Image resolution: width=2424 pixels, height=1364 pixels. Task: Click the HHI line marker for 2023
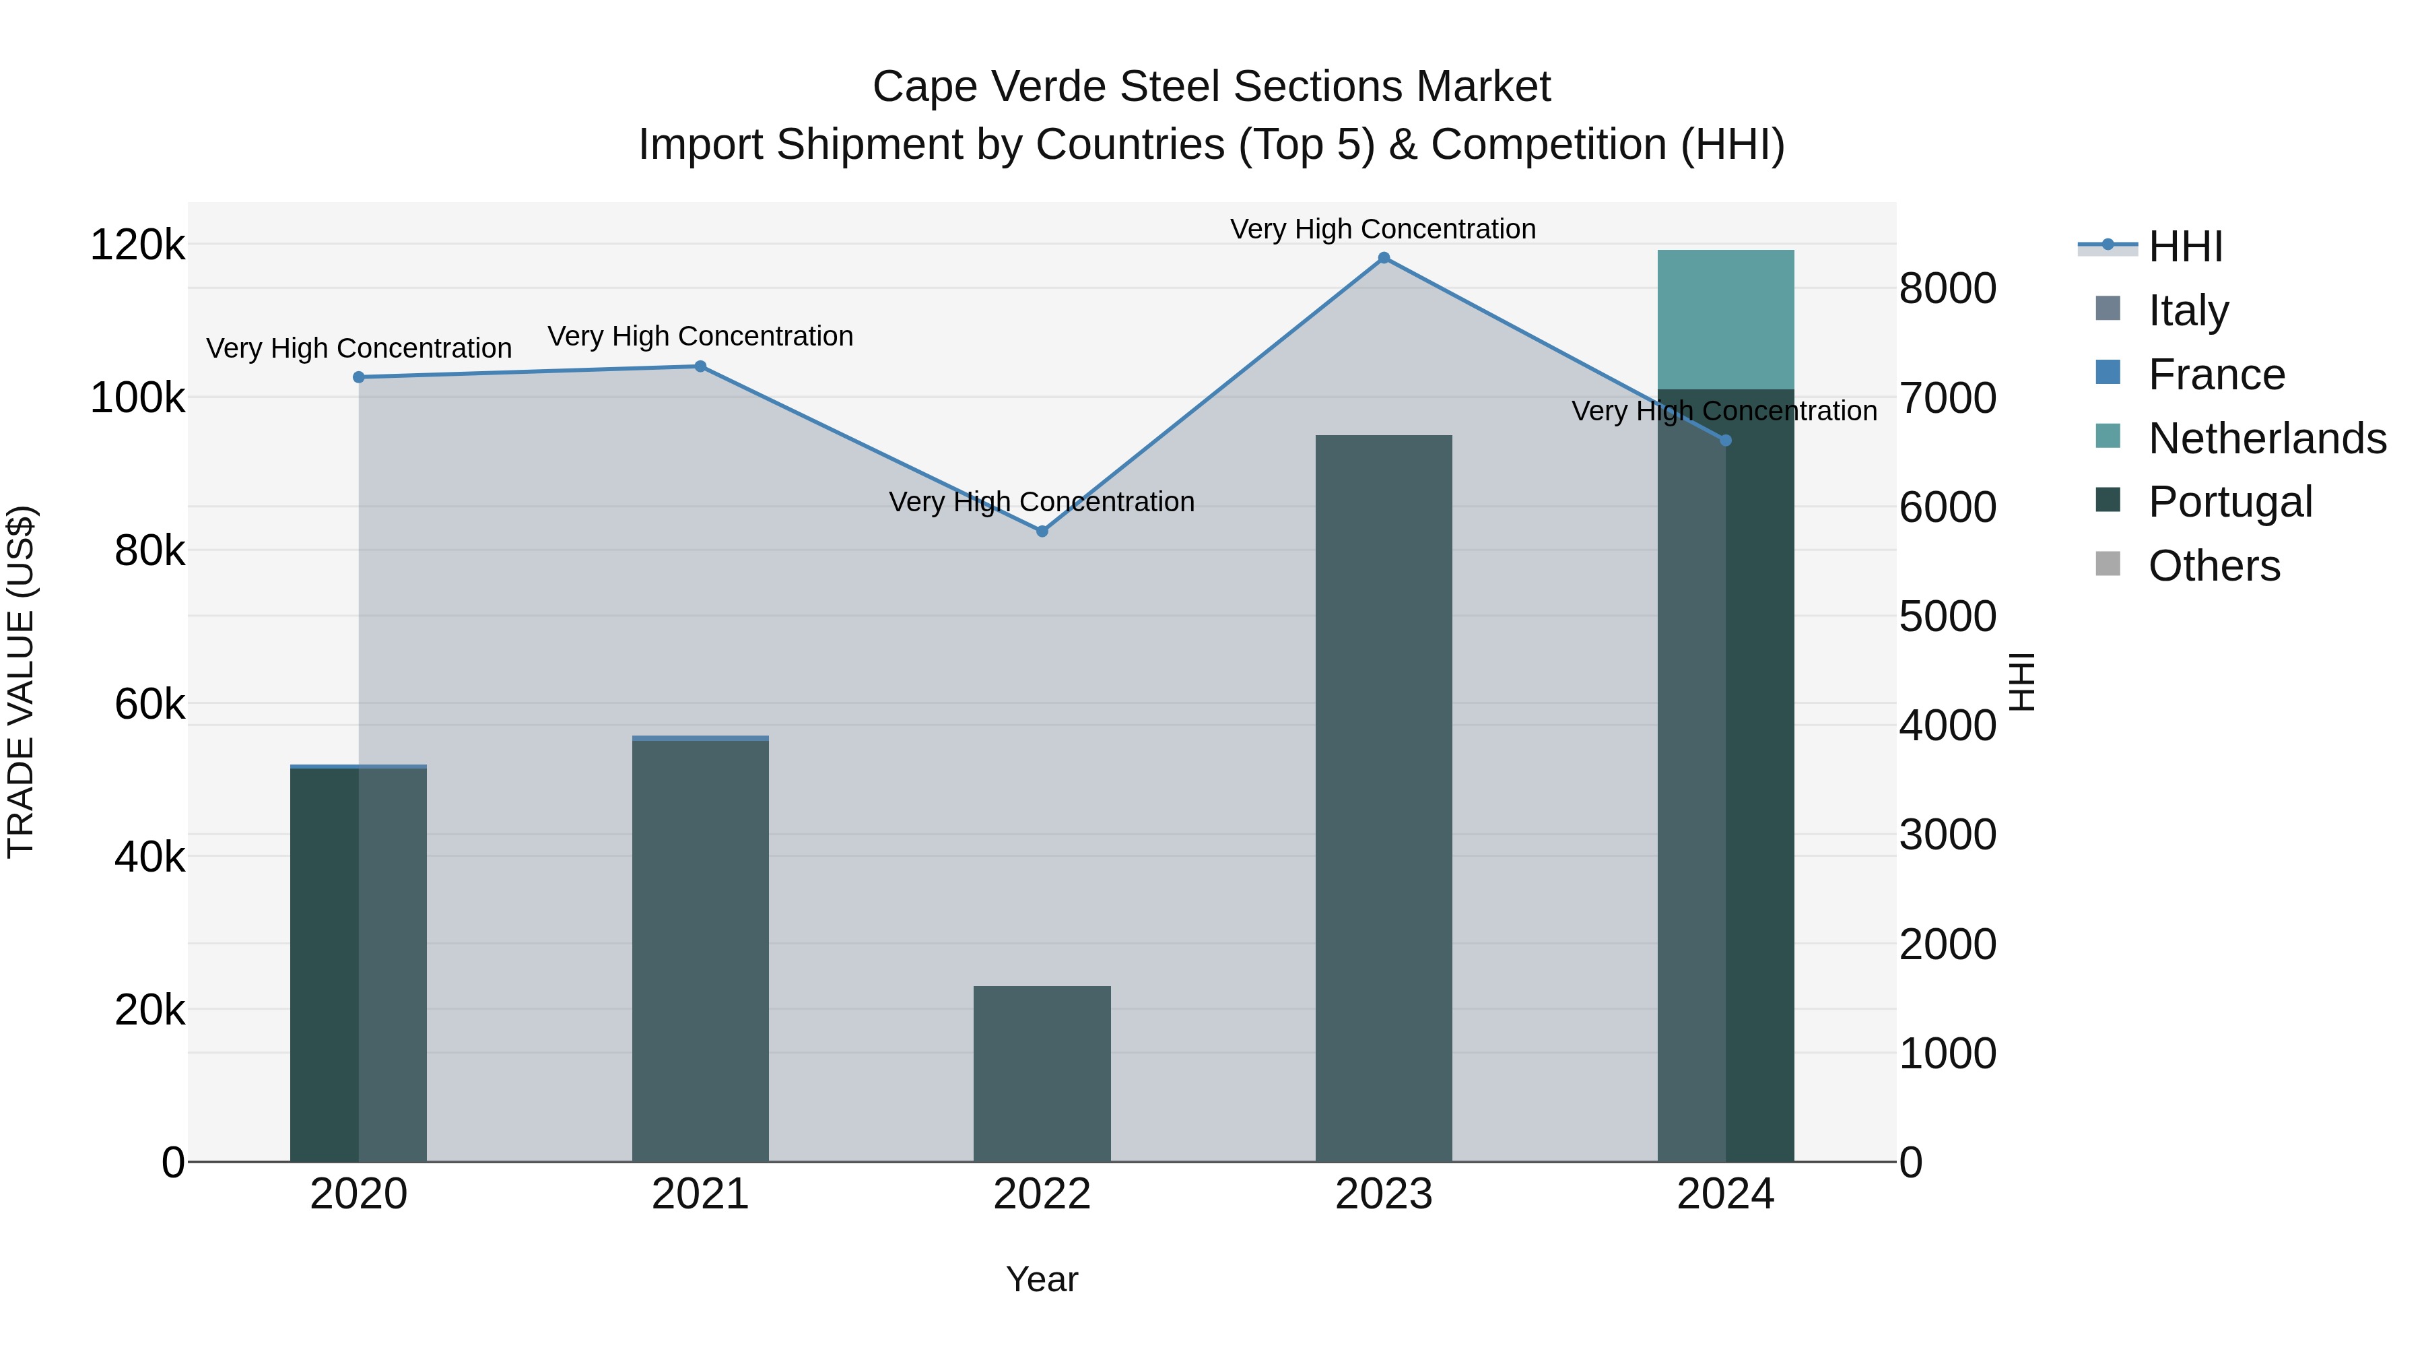[x=1383, y=258]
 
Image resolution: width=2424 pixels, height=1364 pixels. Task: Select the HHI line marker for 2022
[x=1042, y=531]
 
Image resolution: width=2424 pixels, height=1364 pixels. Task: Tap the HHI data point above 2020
[x=358, y=377]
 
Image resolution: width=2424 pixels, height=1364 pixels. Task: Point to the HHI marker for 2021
[x=700, y=366]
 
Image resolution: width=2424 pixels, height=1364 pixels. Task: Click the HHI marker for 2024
[x=1725, y=441]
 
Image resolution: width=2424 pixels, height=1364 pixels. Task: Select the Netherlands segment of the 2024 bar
[x=1725, y=320]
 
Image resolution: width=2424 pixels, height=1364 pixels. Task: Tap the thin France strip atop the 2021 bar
[x=700, y=738]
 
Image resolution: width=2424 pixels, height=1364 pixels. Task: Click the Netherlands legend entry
[x=2266, y=439]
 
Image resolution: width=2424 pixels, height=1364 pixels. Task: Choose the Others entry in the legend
[x=2213, y=566]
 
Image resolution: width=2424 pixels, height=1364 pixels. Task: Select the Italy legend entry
[x=2188, y=311]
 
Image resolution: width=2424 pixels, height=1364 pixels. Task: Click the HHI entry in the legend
[x=2185, y=247]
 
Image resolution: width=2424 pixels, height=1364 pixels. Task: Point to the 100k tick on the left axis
[x=137, y=398]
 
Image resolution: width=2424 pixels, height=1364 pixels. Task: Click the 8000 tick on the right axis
[x=1947, y=288]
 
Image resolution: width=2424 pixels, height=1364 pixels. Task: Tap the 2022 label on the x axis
[x=1042, y=1194]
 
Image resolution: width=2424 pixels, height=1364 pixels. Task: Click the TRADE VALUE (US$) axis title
[x=21, y=682]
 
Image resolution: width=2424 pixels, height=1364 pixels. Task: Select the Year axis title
[x=1042, y=1279]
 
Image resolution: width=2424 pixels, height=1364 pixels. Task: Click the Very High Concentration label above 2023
[x=1382, y=229]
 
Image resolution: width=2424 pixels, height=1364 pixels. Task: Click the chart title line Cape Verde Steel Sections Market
[x=1211, y=87]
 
